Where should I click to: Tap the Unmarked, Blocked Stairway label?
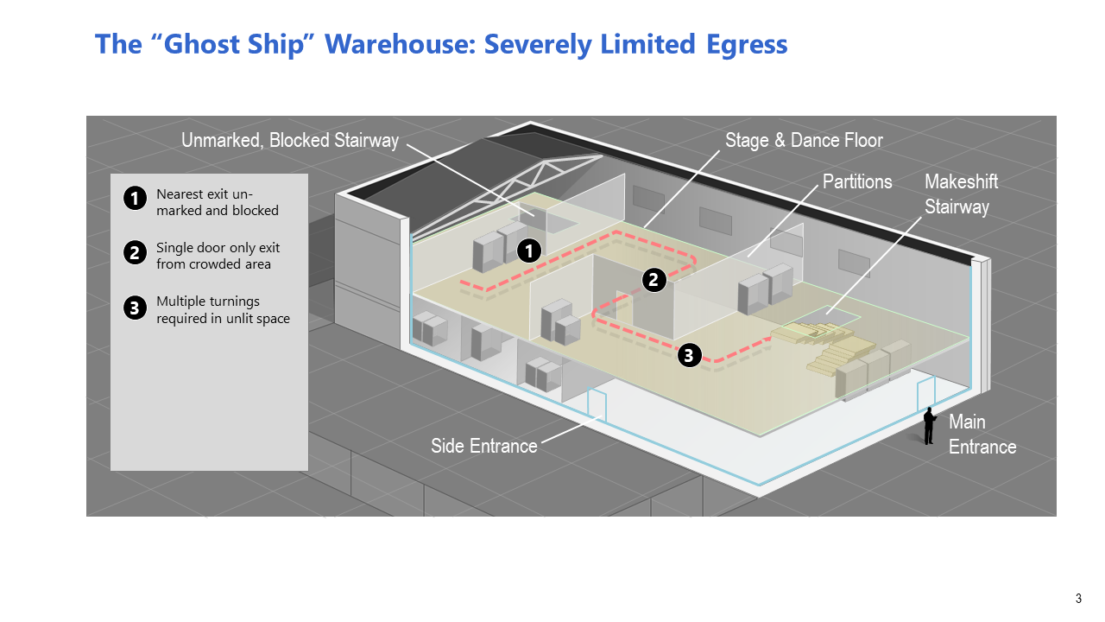tap(290, 140)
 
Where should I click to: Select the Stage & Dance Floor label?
tap(804, 140)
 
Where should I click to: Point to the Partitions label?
tap(857, 181)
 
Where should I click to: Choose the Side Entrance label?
tap(483, 446)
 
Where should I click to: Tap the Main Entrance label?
tap(982, 434)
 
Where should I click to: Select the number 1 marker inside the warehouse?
tap(528, 251)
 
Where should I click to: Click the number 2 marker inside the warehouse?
tap(654, 279)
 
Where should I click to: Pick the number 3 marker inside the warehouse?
tap(689, 354)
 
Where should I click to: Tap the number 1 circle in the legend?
tap(134, 199)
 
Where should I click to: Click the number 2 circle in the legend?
tap(134, 253)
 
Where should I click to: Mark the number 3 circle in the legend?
tap(134, 307)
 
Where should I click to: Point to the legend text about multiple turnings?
tap(223, 309)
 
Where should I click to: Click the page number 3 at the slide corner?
tap(1078, 599)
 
